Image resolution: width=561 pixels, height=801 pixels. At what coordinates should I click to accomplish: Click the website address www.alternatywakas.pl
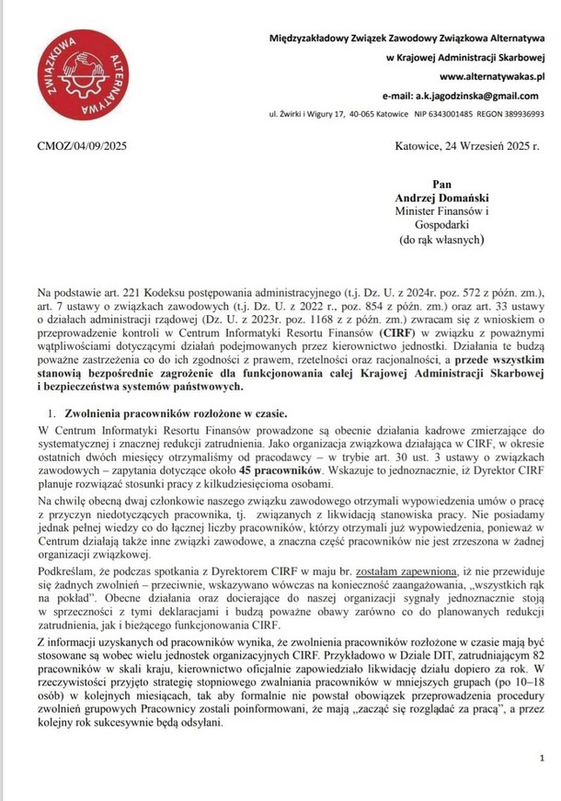[493, 77]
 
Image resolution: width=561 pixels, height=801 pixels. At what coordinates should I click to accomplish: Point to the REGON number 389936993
[521, 114]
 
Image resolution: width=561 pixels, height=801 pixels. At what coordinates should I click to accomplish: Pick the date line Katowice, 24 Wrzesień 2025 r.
[466, 146]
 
